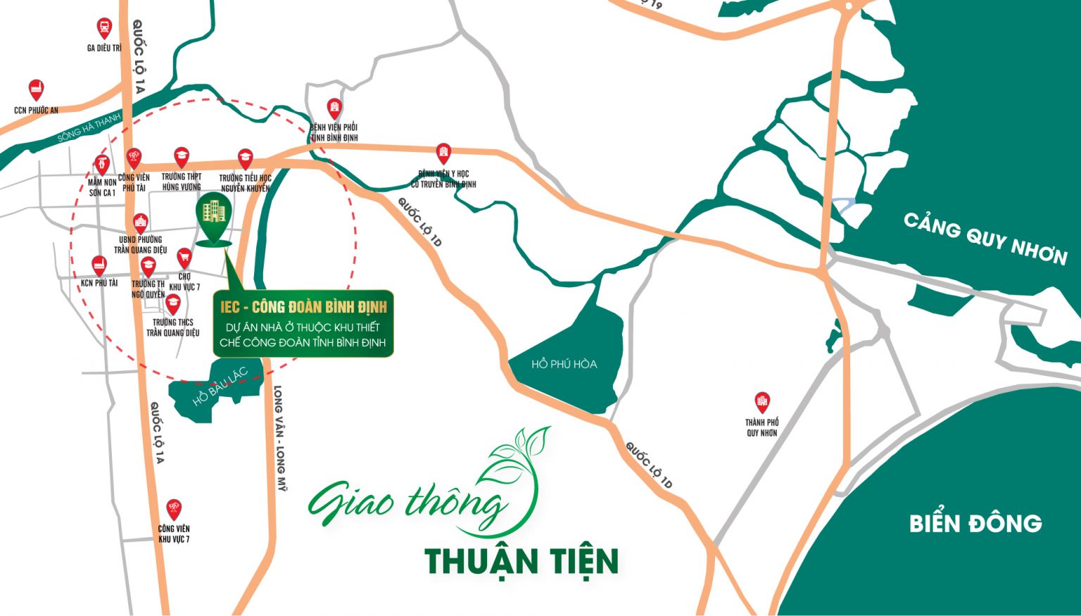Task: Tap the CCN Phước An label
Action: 36,110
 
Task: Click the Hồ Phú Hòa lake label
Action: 564,364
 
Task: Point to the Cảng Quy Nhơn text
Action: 985,239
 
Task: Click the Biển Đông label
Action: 975,523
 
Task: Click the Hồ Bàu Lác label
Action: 220,386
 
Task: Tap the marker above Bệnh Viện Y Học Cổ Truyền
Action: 443,153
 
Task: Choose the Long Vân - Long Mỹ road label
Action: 279,437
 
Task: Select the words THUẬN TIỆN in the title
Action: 521,561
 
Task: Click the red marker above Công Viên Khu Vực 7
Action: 174,510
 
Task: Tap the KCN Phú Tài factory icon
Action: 99,266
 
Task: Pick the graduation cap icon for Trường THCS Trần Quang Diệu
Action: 172,304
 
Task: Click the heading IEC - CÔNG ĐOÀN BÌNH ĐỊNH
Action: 303,307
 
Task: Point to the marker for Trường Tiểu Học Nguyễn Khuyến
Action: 245,158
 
